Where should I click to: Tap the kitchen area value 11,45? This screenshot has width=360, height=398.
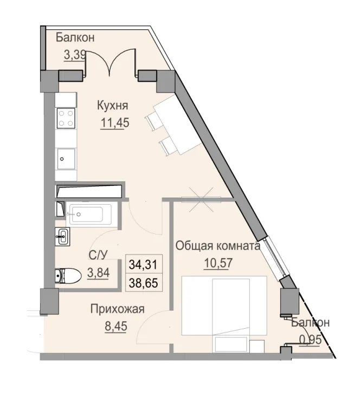[x=114, y=122]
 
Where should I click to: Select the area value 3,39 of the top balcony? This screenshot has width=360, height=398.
[x=75, y=55]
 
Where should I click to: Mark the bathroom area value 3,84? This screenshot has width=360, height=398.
[x=98, y=273]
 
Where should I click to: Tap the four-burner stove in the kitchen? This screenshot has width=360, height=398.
[x=66, y=119]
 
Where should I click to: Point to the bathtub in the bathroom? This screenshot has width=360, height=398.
[x=88, y=213]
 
